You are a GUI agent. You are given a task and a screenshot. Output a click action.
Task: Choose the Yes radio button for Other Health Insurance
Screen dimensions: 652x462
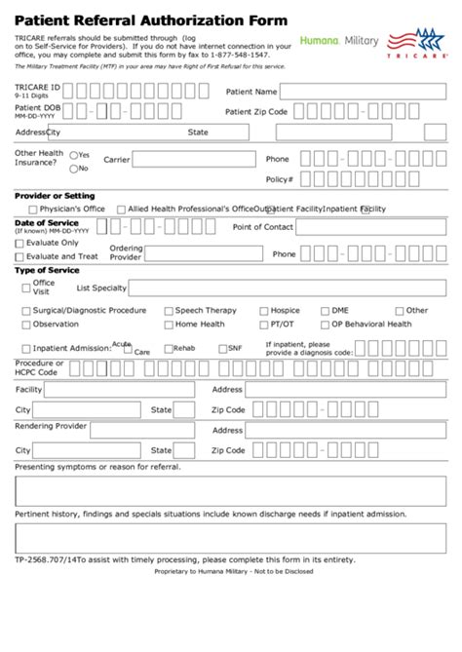coord(74,155)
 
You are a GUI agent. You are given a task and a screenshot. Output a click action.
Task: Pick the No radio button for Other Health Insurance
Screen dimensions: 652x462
coord(74,168)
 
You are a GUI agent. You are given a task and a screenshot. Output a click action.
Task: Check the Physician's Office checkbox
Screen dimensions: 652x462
coord(33,210)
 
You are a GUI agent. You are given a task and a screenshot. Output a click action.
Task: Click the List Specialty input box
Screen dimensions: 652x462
coord(288,288)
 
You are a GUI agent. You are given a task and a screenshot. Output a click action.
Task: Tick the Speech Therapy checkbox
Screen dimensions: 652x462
coord(168,311)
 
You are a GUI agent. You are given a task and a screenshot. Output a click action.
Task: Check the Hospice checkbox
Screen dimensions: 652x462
coord(263,311)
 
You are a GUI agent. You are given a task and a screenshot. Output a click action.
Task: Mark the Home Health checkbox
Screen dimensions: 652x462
coord(168,325)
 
